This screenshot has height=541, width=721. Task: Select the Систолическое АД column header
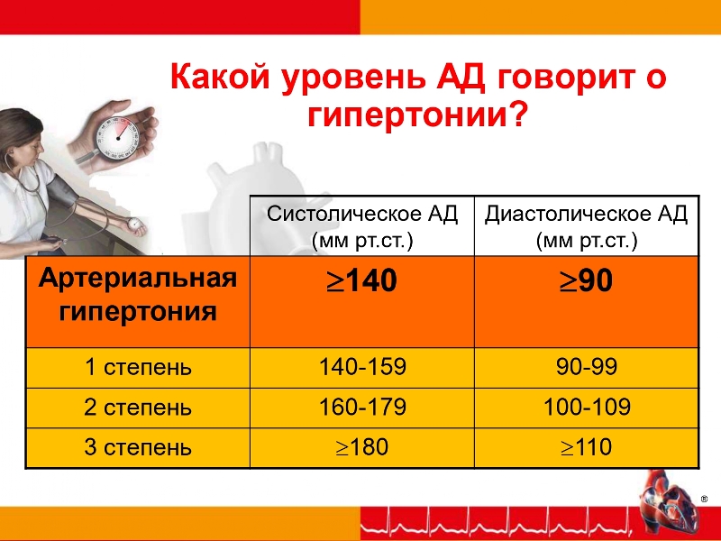tap(362, 226)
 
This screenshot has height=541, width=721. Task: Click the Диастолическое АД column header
tap(587, 226)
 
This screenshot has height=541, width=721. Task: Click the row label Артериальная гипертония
tap(138, 295)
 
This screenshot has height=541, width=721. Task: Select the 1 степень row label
tap(138, 368)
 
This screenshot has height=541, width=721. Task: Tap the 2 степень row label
tap(138, 408)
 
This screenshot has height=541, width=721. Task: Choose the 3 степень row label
tap(138, 447)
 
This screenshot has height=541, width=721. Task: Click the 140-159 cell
tap(363, 367)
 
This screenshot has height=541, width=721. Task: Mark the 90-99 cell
tap(587, 367)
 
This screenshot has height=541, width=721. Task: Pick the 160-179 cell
tap(363, 408)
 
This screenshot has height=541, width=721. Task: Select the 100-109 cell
tap(587, 408)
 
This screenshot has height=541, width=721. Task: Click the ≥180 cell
tap(362, 447)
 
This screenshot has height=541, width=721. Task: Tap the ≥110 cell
tap(587, 447)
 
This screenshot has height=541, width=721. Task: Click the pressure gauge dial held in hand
tap(117, 138)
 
